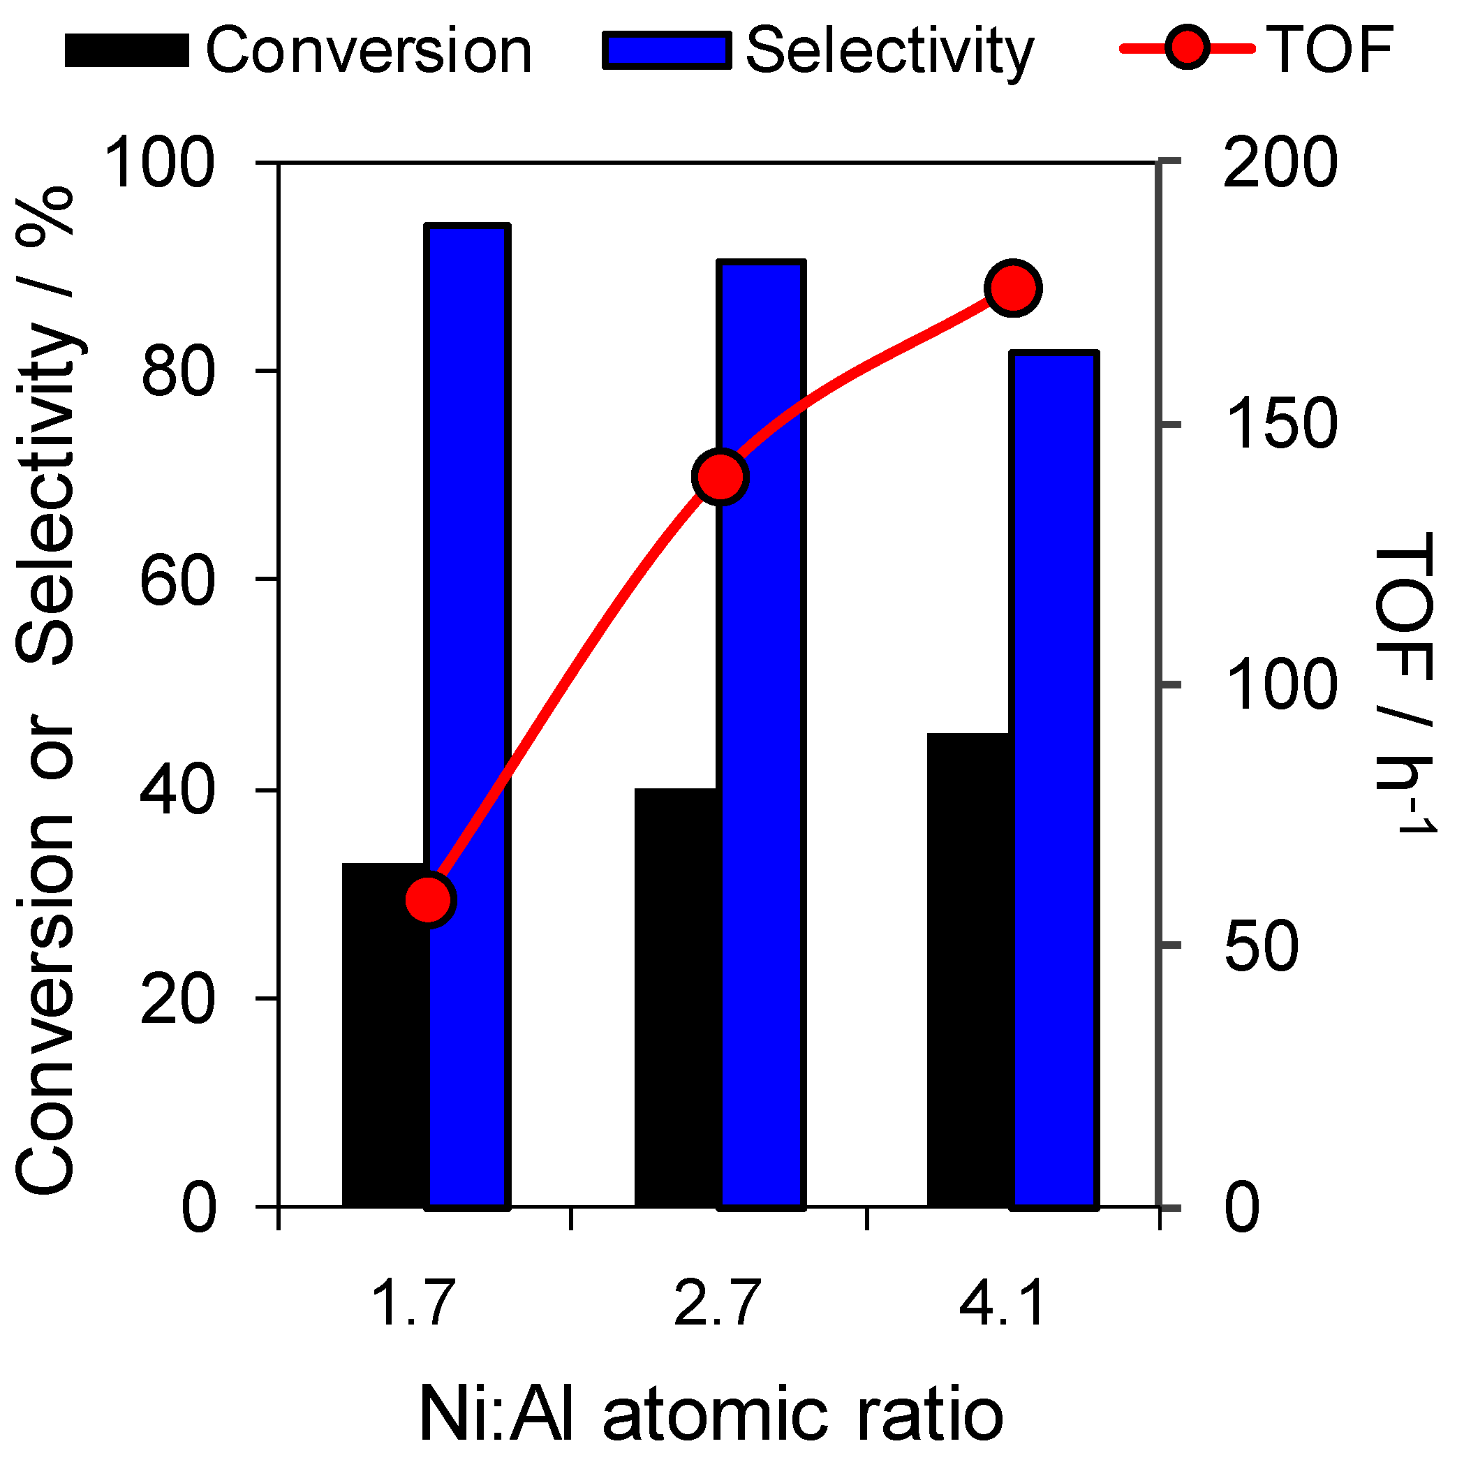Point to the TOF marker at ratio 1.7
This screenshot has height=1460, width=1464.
tap(429, 900)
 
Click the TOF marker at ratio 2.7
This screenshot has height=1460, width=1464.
tap(720, 477)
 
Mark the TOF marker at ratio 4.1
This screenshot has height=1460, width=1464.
tap(1013, 288)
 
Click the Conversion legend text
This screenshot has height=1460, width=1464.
tap(369, 52)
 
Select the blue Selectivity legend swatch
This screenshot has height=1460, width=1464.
tap(667, 52)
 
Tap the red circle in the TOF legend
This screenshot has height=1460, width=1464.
tap(1187, 48)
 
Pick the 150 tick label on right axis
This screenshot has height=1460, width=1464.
tap(1280, 425)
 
